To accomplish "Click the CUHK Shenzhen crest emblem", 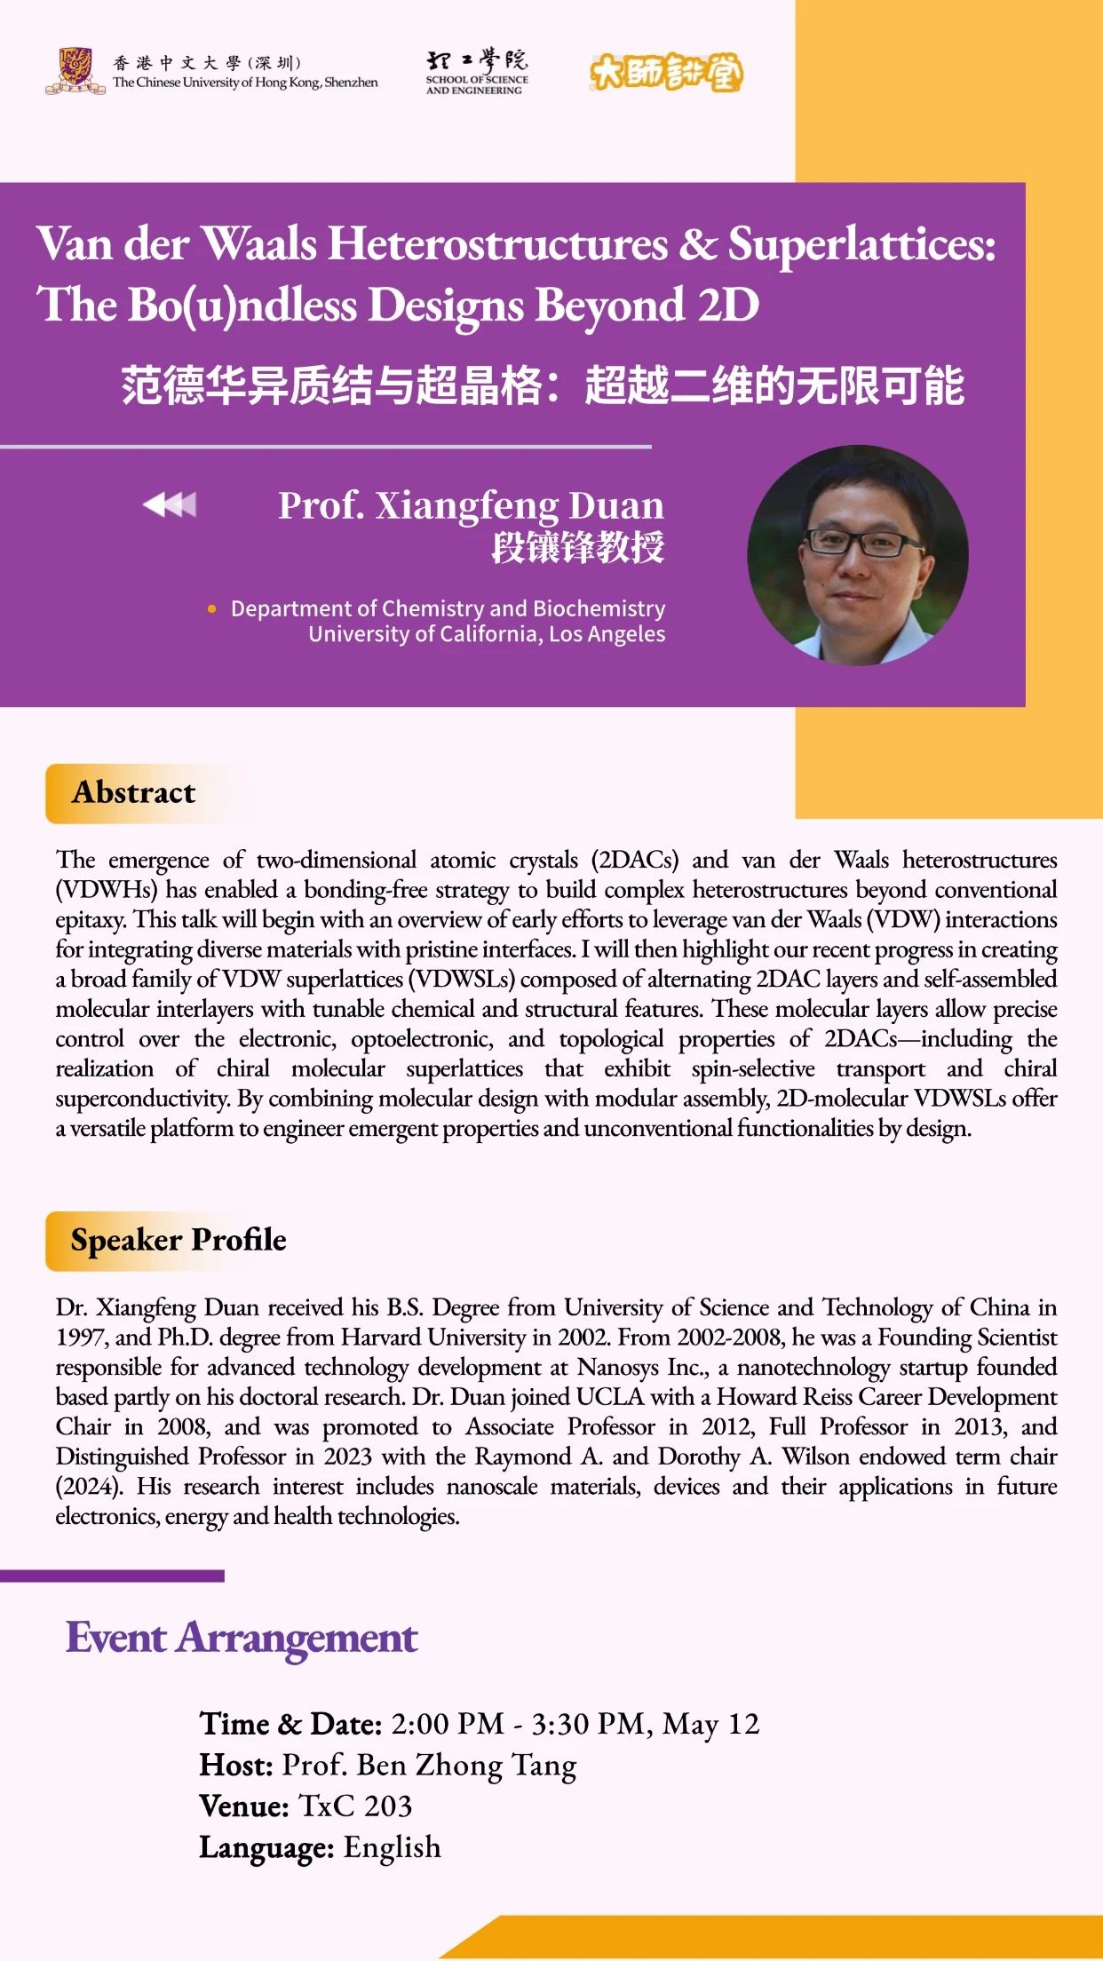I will click(x=75, y=71).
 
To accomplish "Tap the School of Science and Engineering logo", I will click(x=476, y=72).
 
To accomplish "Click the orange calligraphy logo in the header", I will click(x=666, y=72).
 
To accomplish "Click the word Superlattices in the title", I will click(x=861, y=244).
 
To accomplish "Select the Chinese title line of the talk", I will click(x=543, y=385).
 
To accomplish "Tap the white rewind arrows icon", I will click(x=170, y=504).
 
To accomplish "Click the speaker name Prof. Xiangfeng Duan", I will click(x=471, y=505).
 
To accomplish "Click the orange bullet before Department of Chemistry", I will click(x=211, y=609).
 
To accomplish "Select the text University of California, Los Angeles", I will click(x=487, y=634).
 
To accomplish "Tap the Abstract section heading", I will click(x=133, y=792).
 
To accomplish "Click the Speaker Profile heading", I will click(x=179, y=1240).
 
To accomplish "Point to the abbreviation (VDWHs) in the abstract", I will click(x=106, y=890).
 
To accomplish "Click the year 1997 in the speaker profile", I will click(x=81, y=1338).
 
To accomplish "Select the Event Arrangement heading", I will click(x=242, y=1638).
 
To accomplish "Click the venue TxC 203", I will click(x=355, y=1806).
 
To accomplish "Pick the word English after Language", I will click(x=392, y=1847).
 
